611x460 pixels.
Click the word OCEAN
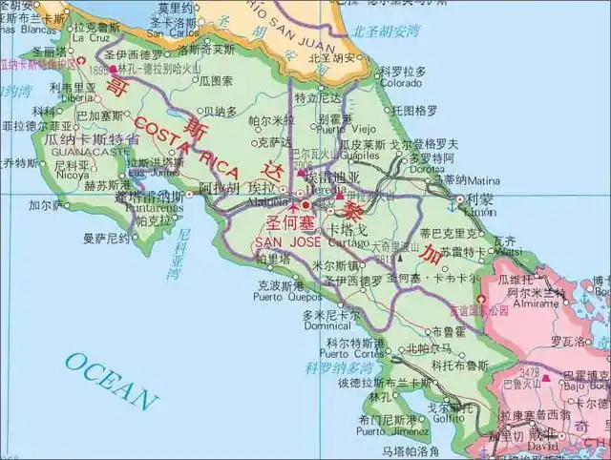tap(112, 380)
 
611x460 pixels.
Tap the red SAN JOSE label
tap(286, 240)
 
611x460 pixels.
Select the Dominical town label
tap(327, 325)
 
